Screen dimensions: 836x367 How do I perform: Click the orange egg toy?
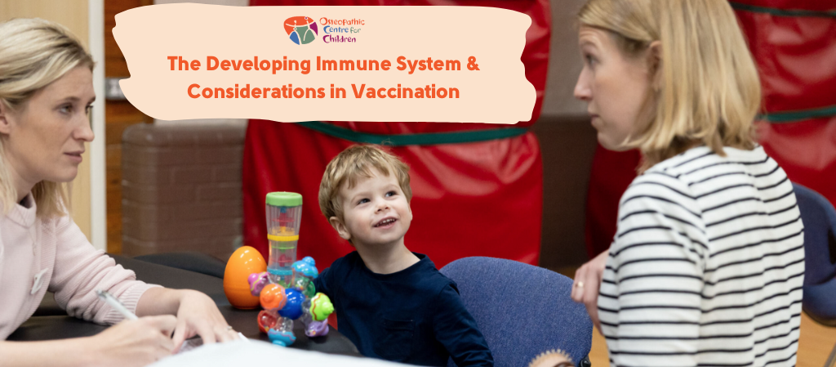[244, 277]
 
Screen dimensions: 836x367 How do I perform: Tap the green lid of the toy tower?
[283, 199]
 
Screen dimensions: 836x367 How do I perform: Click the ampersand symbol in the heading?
[473, 64]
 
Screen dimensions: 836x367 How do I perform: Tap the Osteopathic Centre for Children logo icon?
[300, 30]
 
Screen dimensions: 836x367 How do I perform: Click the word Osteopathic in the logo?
[342, 22]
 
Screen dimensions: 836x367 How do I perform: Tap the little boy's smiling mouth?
[385, 222]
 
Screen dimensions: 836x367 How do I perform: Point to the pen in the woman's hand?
[117, 305]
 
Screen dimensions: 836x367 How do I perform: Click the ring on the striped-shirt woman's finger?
[578, 284]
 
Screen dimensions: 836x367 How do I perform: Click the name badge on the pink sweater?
[38, 282]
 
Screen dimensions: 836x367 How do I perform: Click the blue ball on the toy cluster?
[291, 303]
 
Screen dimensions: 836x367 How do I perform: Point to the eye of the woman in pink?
[64, 109]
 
